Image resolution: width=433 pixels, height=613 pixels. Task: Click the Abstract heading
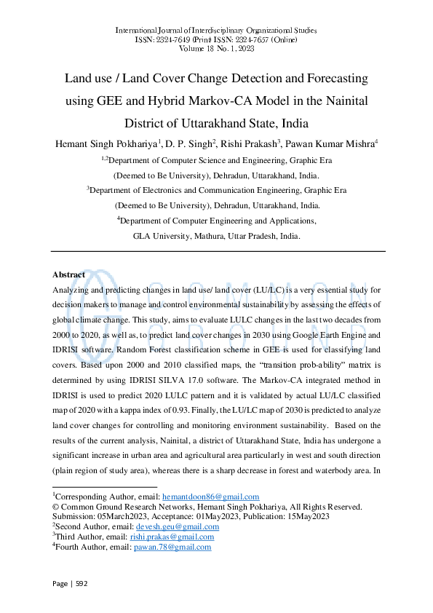click(x=68, y=274)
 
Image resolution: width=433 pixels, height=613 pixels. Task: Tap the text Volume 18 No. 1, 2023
click(x=216, y=49)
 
